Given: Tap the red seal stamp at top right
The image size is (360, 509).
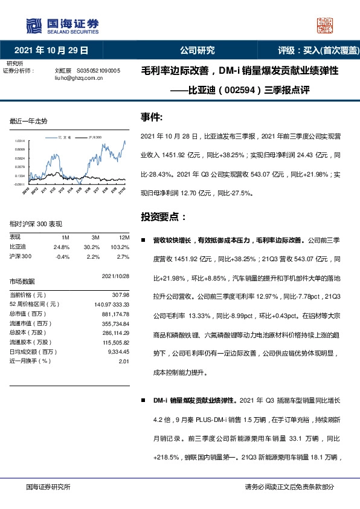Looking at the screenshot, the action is (326, 25).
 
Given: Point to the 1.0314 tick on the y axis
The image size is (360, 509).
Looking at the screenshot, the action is (19, 140).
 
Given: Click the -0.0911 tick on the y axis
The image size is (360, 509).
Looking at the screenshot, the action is (19, 183).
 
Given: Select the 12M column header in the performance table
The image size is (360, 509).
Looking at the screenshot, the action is (124, 236).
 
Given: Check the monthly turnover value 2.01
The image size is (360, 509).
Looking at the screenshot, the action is (124, 361).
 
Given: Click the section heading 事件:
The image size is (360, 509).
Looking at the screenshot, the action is (152, 117).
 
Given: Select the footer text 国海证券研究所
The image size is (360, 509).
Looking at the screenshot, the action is (48, 487).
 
